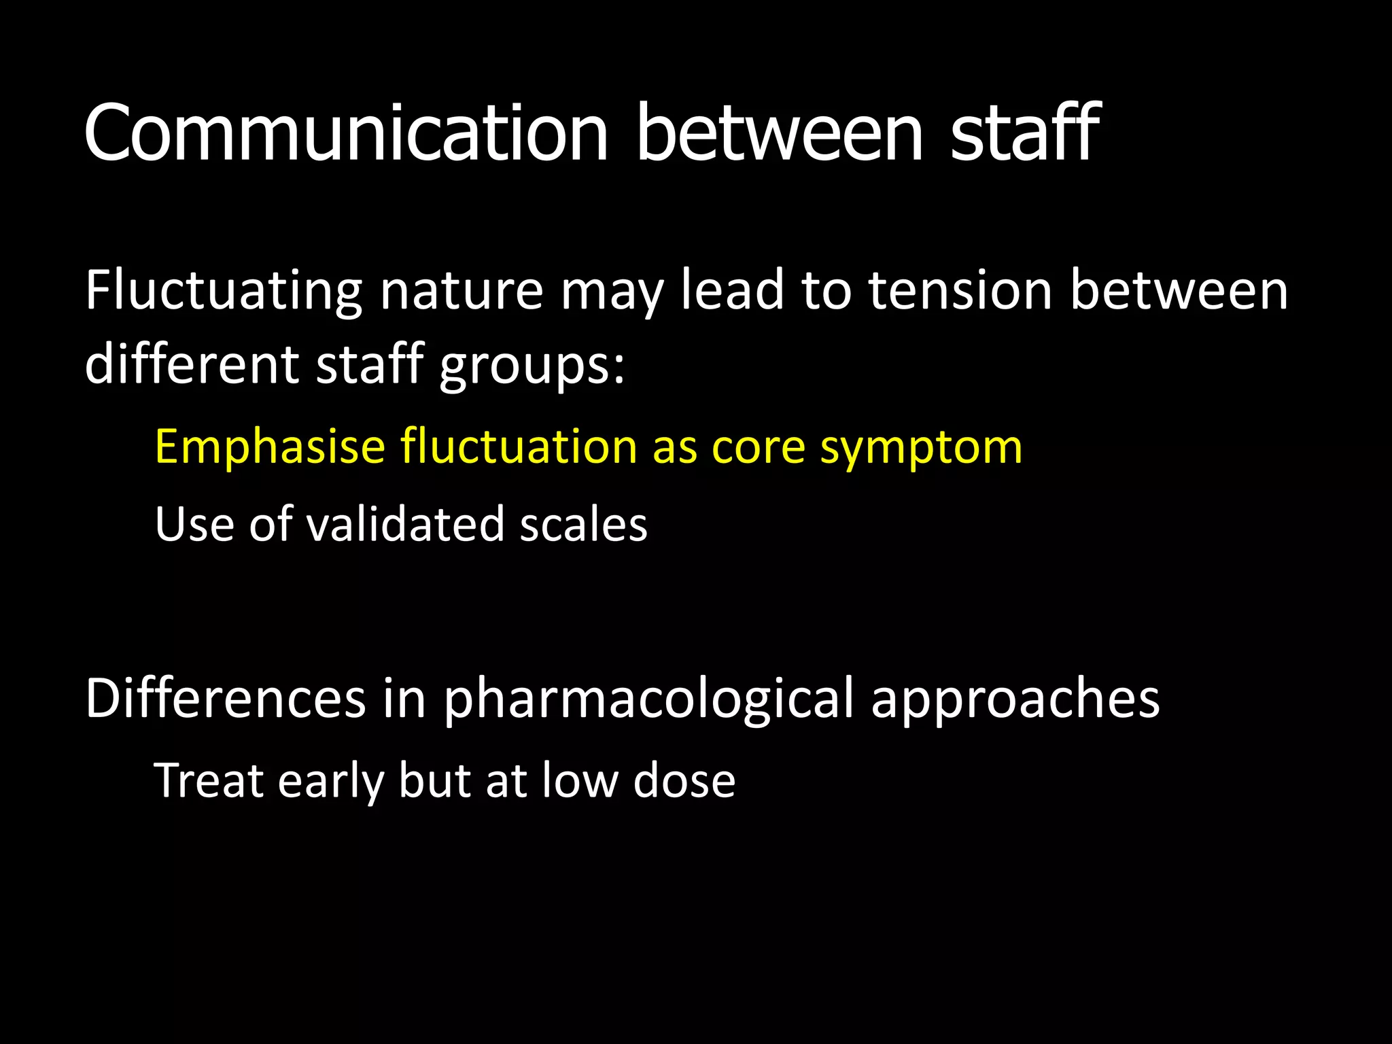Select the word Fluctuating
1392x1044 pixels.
pyautogui.click(x=224, y=291)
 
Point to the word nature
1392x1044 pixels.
pyautogui.click(x=462, y=291)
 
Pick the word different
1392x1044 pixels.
pyautogui.click(x=192, y=364)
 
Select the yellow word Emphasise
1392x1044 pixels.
pyautogui.click(x=270, y=447)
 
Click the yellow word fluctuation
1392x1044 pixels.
pyautogui.click(x=519, y=447)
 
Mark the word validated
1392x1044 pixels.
pyautogui.click(x=406, y=525)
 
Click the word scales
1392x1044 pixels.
pyautogui.click(x=583, y=525)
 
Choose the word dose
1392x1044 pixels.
pyautogui.click(x=684, y=780)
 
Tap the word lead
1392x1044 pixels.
pyautogui.click(x=733, y=291)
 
